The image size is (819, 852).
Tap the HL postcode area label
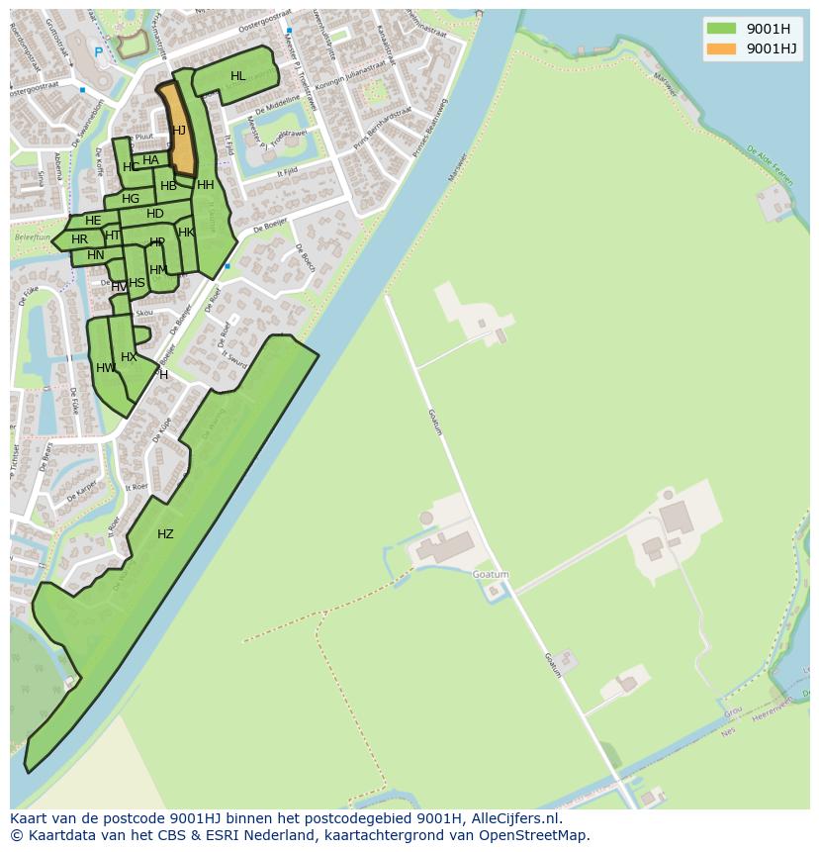click(238, 76)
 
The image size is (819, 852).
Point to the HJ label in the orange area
click(179, 131)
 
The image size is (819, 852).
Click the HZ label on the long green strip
click(165, 534)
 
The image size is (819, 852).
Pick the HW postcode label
click(105, 368)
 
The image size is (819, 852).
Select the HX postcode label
click(129, 357)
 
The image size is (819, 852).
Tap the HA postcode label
click(150, 160)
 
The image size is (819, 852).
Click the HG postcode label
click(131, 199)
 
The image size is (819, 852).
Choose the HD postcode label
click(155, 214)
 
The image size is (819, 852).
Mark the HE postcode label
click(93, 221)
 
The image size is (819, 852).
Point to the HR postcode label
click(79, 239)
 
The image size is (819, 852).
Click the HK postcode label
click(186, 233)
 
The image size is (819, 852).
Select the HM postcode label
click(158, 270)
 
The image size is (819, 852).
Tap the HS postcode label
click(136, 283)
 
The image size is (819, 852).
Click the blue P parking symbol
click(98, 51)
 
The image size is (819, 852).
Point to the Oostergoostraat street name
click(237, 18)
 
